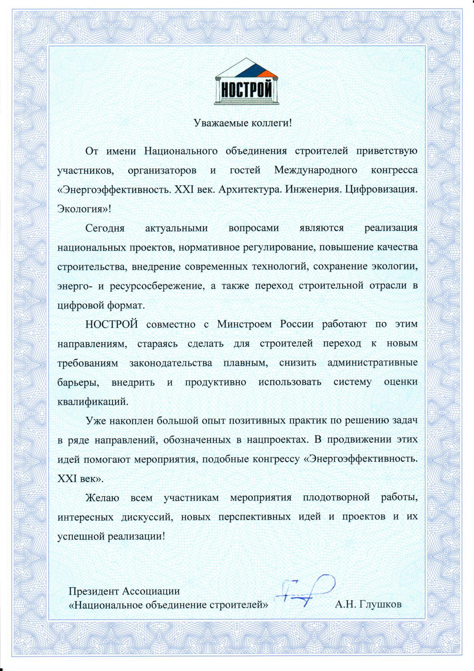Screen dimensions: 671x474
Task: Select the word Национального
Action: [181, 151]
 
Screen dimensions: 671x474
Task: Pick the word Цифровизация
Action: [381, 190]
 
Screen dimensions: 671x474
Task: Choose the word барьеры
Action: [78, 382]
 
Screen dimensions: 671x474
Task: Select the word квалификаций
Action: [93, 401]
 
